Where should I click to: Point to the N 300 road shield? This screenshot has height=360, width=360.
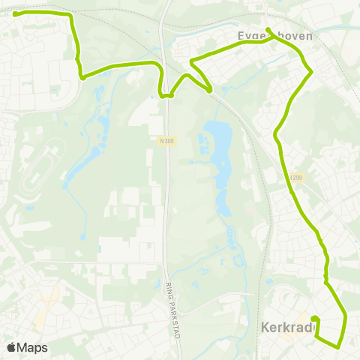point(166,139)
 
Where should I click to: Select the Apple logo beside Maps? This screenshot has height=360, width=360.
point(12,347)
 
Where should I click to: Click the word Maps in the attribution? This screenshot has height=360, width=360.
point(33,347)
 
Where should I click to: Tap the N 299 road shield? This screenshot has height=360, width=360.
point(295,178)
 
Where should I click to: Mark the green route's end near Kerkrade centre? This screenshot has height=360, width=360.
point(313,319)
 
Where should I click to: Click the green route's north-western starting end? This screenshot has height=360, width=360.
point(16,13)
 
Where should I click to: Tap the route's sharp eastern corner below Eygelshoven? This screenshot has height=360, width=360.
point(311,71)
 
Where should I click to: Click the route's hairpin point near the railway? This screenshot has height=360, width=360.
point(192,61)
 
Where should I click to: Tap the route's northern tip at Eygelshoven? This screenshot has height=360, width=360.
point(268,30)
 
